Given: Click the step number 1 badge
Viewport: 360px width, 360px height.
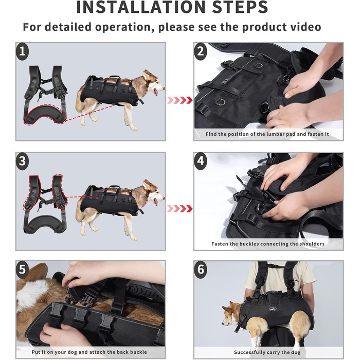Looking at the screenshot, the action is (22, 51).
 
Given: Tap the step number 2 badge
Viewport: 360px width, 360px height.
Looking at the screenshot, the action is (201, 51).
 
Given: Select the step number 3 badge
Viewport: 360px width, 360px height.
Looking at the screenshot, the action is (22, 160).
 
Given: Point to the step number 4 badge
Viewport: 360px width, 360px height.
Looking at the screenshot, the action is (201, 160).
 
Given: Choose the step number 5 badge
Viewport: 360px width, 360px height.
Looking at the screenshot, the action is (22, 269).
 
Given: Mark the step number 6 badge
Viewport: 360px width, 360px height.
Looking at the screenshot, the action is (201, 269).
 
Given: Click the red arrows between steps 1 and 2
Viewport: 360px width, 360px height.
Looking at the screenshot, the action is (179, 100).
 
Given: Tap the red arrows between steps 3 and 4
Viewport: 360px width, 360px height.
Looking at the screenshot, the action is (179, 209).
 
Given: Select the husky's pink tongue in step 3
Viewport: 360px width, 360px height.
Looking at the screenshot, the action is (156, 202).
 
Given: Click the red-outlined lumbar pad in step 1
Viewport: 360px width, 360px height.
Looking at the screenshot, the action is (45, 115).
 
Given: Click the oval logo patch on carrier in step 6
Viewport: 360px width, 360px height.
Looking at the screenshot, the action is (274, 309).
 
